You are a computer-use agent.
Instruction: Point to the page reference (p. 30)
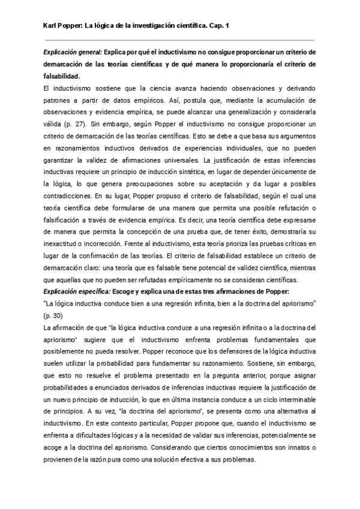click(x=53, y=315)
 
